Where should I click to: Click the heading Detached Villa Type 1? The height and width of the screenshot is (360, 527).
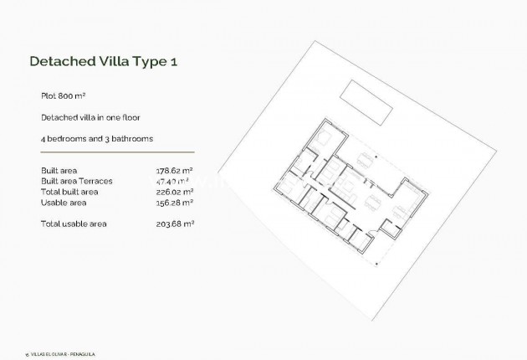(x=103, y=61)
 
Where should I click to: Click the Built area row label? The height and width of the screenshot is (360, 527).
(x=59, y=171)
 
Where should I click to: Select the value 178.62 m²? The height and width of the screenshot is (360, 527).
(x=175, y=171)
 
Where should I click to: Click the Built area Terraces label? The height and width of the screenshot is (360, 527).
(x=76, y=181)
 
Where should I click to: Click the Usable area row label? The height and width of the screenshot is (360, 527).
(x=62, y=202)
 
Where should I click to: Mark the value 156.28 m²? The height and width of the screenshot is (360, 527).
(x=175, y=202)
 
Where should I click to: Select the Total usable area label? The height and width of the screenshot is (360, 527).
(x=74, y=224)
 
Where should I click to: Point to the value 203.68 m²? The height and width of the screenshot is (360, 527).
(x=175, y=224)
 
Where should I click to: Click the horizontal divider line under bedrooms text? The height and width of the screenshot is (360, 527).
(x=117, y=153)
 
